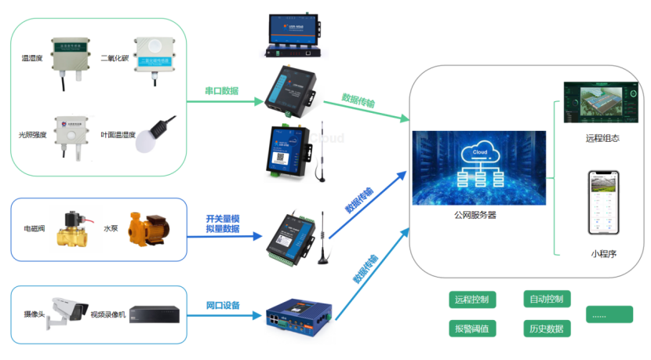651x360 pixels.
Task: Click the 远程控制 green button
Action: [x=471, y=300]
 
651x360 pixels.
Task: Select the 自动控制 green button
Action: [x=547, y=300]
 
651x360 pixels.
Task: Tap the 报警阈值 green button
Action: [x=471, y=329]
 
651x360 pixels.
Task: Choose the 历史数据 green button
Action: [x=547, y=329]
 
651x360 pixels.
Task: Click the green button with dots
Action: [x=609, y=314]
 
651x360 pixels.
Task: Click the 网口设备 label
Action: [x=223, y=305]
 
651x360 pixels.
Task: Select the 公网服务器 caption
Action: [x=475, y=214]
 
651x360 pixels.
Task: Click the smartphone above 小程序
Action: [x=605, y=203]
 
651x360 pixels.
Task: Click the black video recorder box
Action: [x=155, y=314]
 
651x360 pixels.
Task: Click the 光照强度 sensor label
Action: [x=35, y=136]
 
